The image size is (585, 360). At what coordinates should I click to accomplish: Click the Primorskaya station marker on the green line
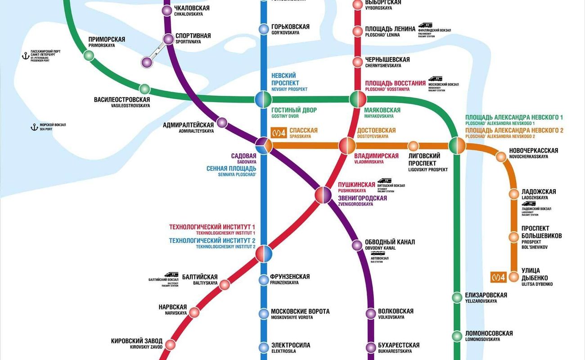point(89,55)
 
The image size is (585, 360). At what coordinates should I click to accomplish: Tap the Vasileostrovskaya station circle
point(144,89)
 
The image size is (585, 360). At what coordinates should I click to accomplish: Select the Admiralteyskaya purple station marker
point(222,122)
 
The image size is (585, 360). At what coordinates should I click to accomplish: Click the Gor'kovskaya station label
point(290,29)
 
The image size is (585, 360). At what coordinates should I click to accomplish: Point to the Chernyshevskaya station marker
point(357,62)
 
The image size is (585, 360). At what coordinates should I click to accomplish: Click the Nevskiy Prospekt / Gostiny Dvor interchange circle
point(264,99)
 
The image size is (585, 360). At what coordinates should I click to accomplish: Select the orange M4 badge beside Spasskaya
point(279,133)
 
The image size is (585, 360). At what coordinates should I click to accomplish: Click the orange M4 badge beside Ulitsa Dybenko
point(499,277)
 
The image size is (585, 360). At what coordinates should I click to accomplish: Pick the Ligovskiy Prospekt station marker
point(413,146)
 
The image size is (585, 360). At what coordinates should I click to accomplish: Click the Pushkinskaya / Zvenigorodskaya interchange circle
point(323,195)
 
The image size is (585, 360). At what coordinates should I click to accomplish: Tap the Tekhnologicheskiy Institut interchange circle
point(264,254)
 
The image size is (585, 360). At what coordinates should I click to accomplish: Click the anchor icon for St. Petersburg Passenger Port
point(26,56)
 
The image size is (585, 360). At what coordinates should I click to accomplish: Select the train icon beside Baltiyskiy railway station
point(171,274)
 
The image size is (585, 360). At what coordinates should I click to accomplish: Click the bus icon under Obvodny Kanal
point(378,254)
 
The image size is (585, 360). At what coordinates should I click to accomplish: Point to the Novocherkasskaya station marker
point(500,157)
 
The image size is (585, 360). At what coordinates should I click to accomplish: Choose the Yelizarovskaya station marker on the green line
point(457,297)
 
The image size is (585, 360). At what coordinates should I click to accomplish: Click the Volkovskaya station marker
point(371,313)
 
